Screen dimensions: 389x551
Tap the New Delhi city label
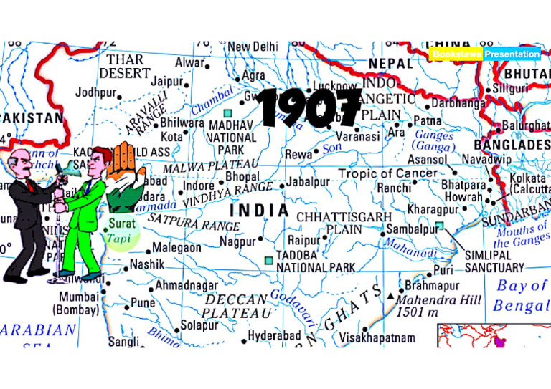[x=253, y=47]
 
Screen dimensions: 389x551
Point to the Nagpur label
[x=237, y=241]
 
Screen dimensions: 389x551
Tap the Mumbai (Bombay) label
[x=78, y=303]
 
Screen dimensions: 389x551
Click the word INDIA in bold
[x=259, y=212]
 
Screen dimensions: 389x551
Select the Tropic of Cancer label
[x=387, y=173]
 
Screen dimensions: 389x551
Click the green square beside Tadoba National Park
[x=268, y=261]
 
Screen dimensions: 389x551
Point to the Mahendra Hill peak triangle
[x=390, y=296]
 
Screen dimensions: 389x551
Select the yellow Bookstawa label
[x=456, y=54]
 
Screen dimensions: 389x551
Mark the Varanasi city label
[x=356, y=136]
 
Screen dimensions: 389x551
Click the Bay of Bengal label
[x=520, y=296]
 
